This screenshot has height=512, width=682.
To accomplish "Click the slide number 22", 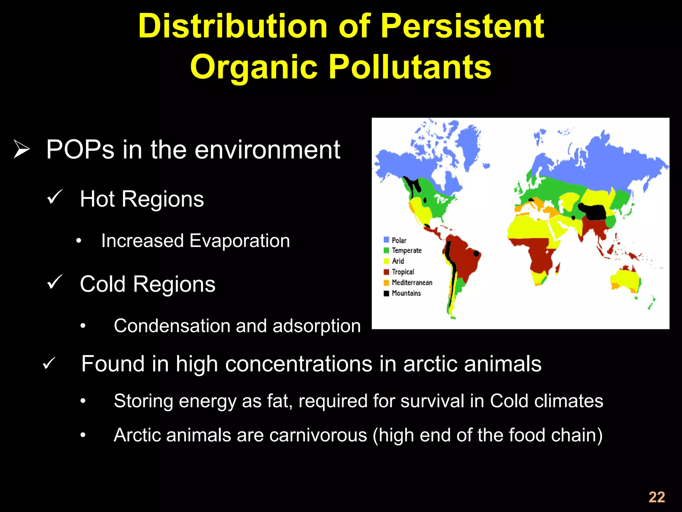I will (x=657, y=497).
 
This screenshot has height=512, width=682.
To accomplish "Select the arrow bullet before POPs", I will (x=22, y=149).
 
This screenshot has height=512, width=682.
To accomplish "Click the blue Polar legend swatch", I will (x=386, y=240).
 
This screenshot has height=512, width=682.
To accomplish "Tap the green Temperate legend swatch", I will (x=386, y=250).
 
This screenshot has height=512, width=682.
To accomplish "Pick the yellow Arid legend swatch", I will (x=386, y=261).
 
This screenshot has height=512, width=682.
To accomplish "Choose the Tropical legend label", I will (x=403, y=272).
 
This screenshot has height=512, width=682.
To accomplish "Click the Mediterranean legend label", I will (x=412, y=282).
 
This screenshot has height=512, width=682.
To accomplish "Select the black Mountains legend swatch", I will (x=386, y=293).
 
